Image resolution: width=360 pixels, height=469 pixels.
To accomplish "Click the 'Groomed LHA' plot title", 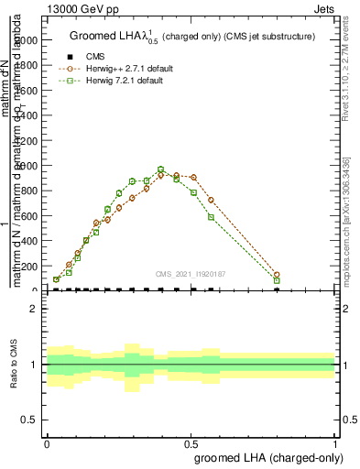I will (191, 37).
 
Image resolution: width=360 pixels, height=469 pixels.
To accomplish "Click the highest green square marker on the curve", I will (160, 169).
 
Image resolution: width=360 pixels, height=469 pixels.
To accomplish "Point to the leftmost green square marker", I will (57, 279).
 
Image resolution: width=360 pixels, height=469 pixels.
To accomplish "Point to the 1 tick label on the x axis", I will (335, 442).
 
